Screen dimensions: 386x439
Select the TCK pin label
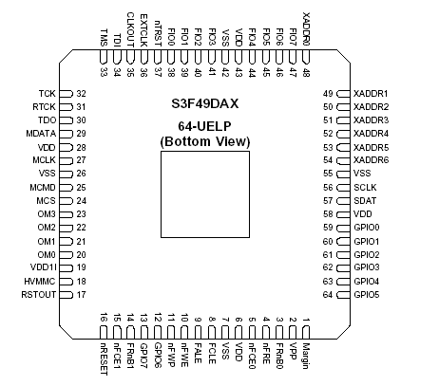tap(48, 94)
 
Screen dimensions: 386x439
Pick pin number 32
tap(81, 94)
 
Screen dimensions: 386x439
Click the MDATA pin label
tap(42, 134)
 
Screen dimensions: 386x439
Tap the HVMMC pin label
tap(42, 283)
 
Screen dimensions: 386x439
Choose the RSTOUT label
tap(41, 296)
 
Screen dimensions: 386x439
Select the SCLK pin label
tap(363, 189)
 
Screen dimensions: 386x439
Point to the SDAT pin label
tap(363, 202)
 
